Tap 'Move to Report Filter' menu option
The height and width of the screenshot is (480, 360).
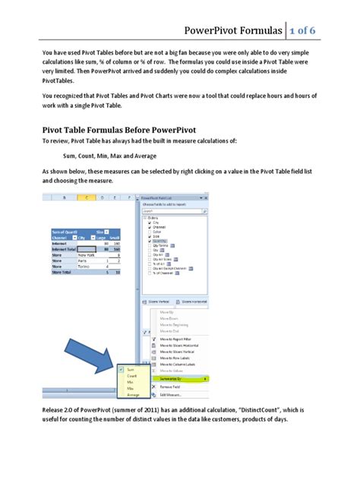176,340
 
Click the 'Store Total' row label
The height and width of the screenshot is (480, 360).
62,272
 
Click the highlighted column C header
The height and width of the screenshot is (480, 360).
88,198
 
